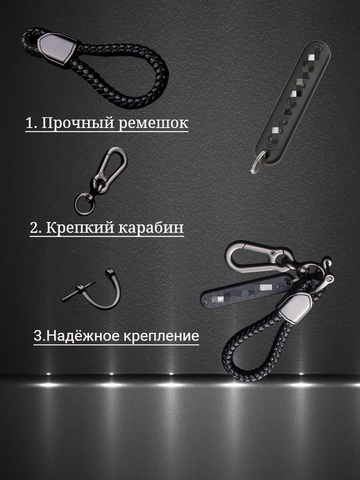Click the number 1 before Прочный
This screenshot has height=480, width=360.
[x=29, y=123]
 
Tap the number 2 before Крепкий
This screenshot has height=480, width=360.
[x=34, y=228]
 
